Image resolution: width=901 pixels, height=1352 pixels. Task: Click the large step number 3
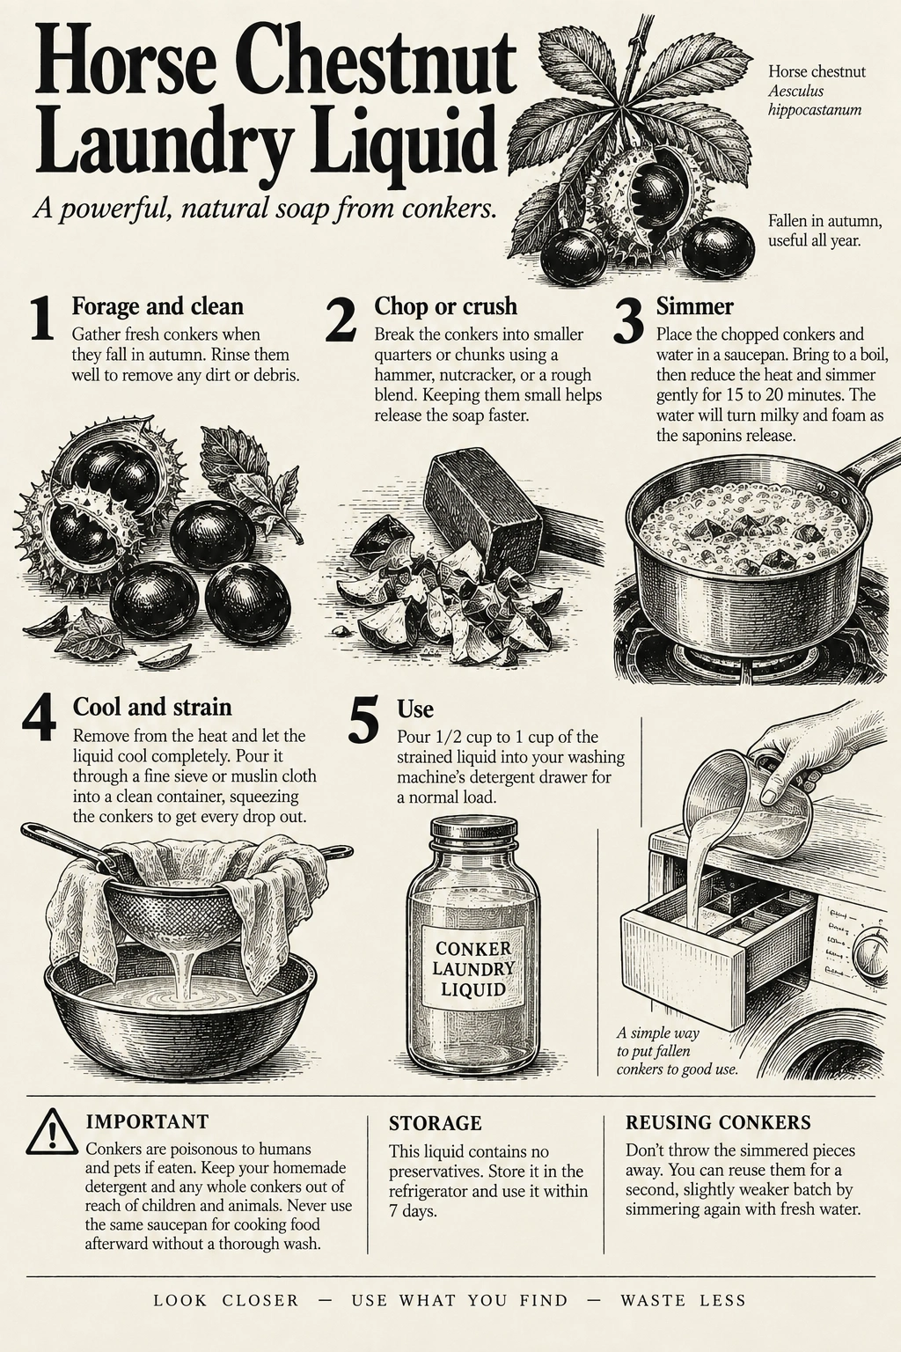[x=628, y=320]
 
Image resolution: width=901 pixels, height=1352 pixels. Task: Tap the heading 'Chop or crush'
[x=445, y=306]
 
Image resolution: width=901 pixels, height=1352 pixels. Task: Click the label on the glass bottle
[x=473, y=968]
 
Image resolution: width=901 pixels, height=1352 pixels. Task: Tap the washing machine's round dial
[x=871, y=951]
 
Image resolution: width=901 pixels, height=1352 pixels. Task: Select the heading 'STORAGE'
[x=436, y=1123]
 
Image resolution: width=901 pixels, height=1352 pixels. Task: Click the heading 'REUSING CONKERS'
[x=718, y=1122]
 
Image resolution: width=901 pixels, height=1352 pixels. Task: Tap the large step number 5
[x=364, y=720]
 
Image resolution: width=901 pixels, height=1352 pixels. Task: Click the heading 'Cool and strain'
[x=152, y=707]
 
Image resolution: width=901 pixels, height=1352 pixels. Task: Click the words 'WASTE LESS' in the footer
[x=683, y=1300]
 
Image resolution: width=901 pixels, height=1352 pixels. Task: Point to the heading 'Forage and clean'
[x=157, y=306]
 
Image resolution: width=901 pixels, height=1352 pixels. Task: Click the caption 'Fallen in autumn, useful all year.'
[x=825, y=231]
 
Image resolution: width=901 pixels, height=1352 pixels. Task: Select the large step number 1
[x=42, y=320]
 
